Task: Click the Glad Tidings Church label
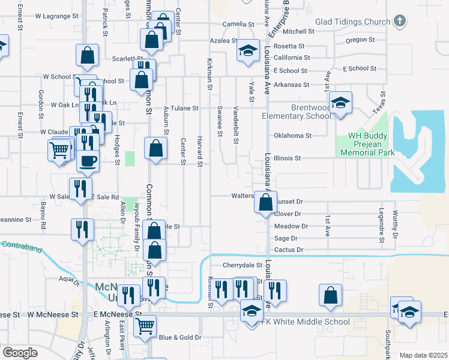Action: click(352, 22)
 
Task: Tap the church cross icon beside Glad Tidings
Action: click(399, 22)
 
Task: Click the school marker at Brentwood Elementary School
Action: click(340, 103)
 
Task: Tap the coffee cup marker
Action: click(88, 161)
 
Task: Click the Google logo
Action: click(20, 353)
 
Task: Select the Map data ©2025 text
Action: click(423, 355)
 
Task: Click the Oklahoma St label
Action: click(292, 136)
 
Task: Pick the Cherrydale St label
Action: click(243, 265)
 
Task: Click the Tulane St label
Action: click(186, 109)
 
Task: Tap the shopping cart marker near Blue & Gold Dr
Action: click(145, 326)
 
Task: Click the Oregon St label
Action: click(360, 40)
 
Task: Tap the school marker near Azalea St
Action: click(247, 52)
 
